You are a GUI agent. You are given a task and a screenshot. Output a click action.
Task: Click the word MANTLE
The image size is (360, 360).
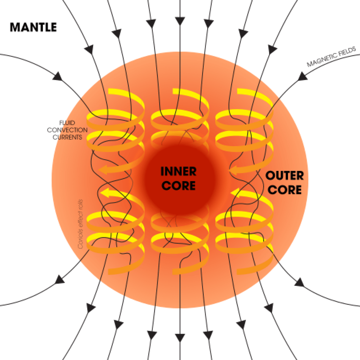(33, 27)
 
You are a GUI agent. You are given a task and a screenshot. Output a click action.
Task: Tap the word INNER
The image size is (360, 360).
(178, 171)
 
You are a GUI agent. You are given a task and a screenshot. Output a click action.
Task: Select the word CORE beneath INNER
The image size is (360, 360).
(178, 186)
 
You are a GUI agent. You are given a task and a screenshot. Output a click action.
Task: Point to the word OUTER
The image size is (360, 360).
(284, 176)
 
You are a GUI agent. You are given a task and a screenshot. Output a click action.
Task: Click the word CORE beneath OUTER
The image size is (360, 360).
(284, 190)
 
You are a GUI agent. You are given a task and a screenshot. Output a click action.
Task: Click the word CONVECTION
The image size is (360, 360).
(67, 130)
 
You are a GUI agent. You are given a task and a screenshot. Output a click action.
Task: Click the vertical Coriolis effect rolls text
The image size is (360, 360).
(81, 223)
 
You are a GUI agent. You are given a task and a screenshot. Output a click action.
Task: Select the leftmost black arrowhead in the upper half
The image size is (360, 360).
(58, 76)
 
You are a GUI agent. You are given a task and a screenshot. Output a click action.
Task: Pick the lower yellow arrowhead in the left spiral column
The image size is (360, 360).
(104, 192)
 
